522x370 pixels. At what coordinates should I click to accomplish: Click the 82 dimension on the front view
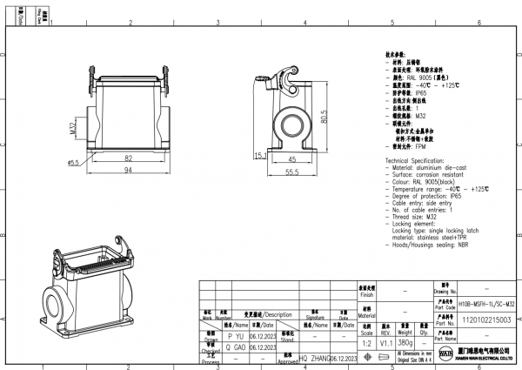pyautogui.click(x=128, y=158)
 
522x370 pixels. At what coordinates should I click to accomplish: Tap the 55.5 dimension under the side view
pyautogui.click(x=291, y=173)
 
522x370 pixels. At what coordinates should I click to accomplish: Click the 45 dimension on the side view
pyautogui.click(x=292, y=158)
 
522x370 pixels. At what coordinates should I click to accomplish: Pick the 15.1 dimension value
pyautogui.click(x=259, y=155)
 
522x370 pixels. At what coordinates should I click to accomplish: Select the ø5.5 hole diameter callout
pyautogui.click(x=73, y=162)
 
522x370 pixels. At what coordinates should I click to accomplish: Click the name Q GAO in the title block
pyautogui.click(x=235, y=345)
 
